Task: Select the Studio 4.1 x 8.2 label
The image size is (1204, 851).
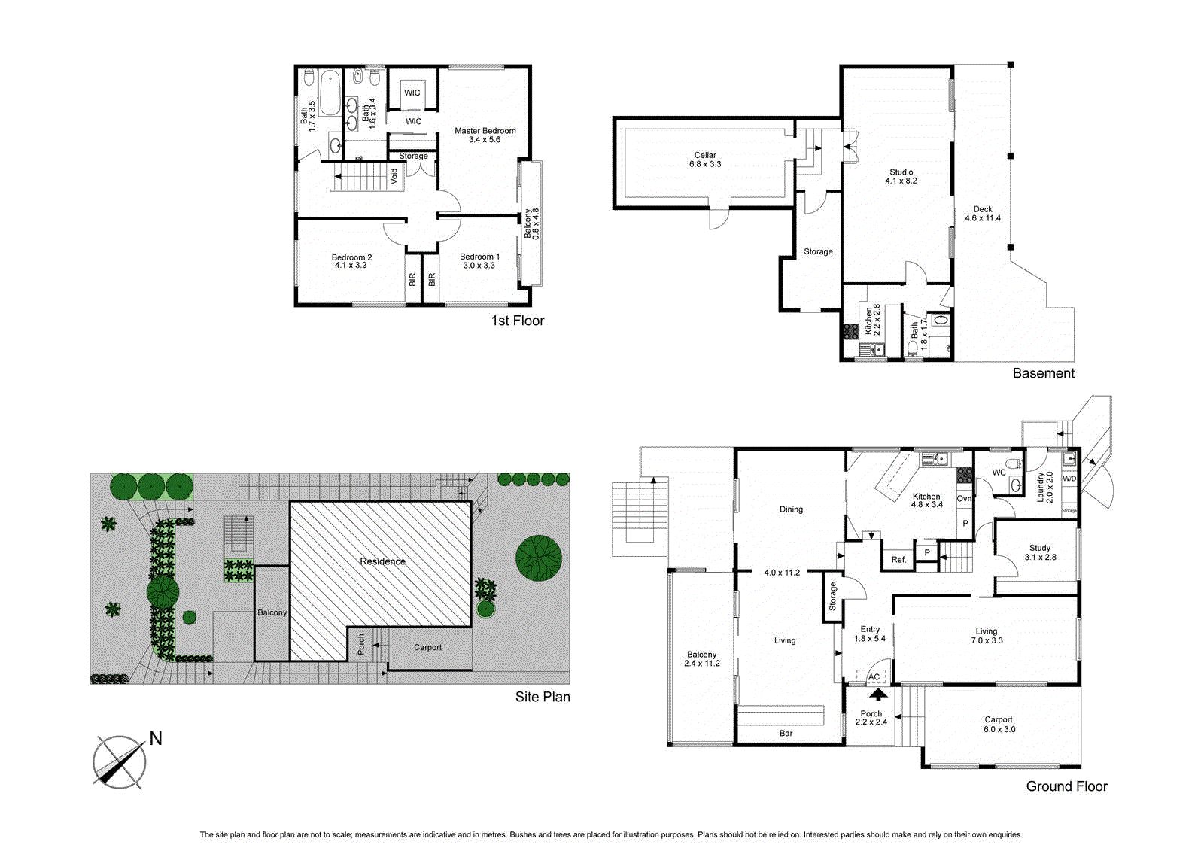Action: tap(901, 176)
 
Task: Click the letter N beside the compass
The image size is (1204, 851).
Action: tap(156, 738)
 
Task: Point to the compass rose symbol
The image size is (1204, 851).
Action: tap(119, 762)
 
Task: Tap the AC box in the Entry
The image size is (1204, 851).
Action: tap(874, 676)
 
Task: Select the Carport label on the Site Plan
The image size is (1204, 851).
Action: tap(427, 647)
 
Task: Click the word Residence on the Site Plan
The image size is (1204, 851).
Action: tap(382, 561)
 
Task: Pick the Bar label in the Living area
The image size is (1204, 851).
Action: tap(786, 733)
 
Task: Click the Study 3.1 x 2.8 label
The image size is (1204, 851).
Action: tap(1040, 552)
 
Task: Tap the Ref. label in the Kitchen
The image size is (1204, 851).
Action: tap(898, 559)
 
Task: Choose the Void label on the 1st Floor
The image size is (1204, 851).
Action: tap(394, 176)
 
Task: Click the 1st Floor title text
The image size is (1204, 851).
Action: tap(517, 321)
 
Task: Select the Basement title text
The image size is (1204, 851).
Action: tap(1043, 373)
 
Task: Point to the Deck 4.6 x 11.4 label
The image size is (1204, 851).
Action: tap(983, 214)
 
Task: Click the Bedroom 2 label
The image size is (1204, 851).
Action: tap(351, 261)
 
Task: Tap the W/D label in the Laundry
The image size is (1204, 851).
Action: tap(1069, 479)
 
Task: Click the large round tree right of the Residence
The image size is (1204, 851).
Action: tap(539, 558)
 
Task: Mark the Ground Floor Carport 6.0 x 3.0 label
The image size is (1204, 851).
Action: tap(999, 724)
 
